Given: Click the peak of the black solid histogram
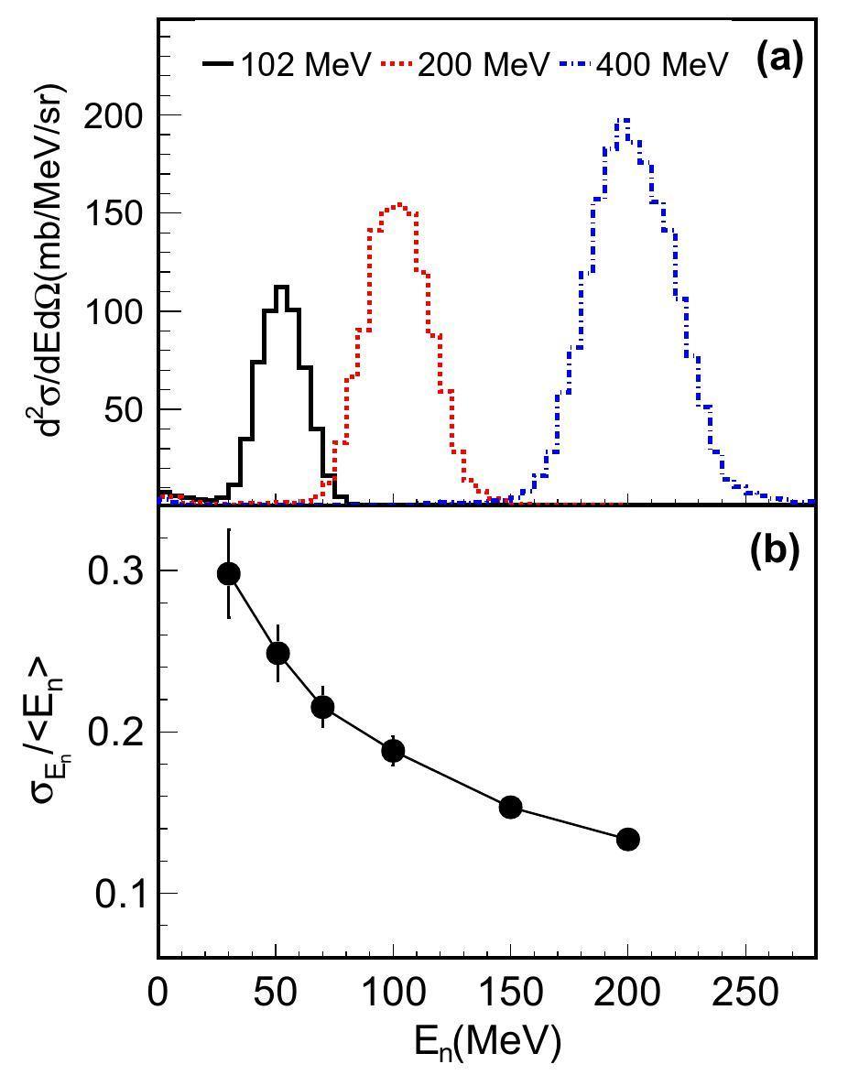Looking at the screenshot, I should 281,288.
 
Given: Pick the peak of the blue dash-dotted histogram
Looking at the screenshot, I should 623,120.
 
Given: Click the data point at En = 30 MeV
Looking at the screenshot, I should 229,573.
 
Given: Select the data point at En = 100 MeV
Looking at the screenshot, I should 393,751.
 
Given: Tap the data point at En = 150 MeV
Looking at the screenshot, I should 510,807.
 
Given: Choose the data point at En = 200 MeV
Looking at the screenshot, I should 627,839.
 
